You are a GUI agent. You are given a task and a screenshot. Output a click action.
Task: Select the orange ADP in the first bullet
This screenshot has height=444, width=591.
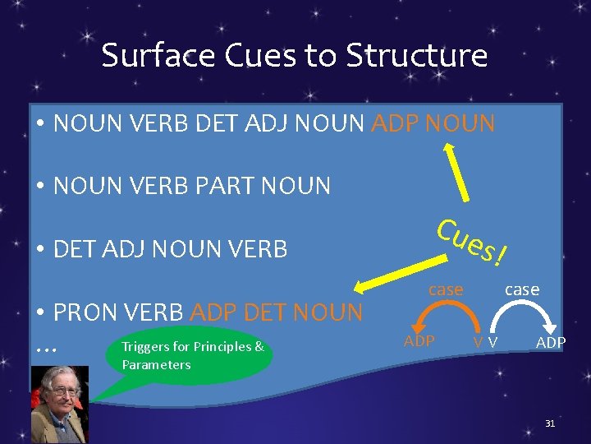[x=398, y=124]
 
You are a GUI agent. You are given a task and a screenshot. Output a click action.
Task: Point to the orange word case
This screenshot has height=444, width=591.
[x=447, y=289]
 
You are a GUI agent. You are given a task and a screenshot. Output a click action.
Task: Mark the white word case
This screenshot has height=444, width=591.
[x=522, y=289]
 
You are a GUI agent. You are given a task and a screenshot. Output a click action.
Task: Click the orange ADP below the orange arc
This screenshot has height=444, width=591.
[x=419, y=340]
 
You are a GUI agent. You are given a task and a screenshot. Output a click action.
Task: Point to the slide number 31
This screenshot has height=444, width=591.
[x=551, y=423]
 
